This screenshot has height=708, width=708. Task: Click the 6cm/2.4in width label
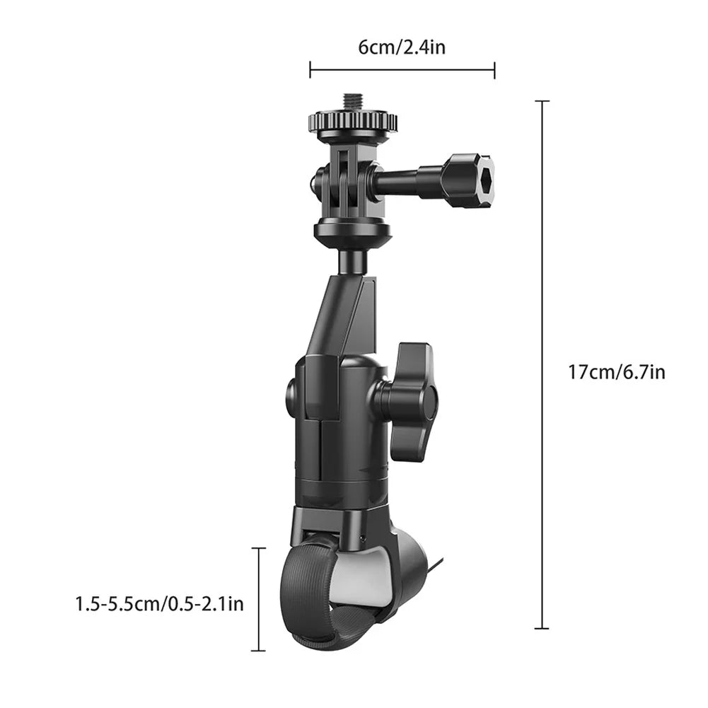[x=401, y=47]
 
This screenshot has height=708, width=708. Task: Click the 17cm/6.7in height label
[x=617, y=371]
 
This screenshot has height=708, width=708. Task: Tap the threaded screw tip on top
[x=352, y=102]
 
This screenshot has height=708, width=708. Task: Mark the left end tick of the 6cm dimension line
[x=311, y=69]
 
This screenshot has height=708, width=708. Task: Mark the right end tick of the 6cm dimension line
[x=494, y=69]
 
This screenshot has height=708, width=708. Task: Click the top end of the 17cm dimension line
[x=542, y=101]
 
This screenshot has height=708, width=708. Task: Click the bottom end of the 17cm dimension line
[x=542, y=627]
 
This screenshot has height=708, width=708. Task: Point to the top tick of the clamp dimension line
[x=259, y=548]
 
